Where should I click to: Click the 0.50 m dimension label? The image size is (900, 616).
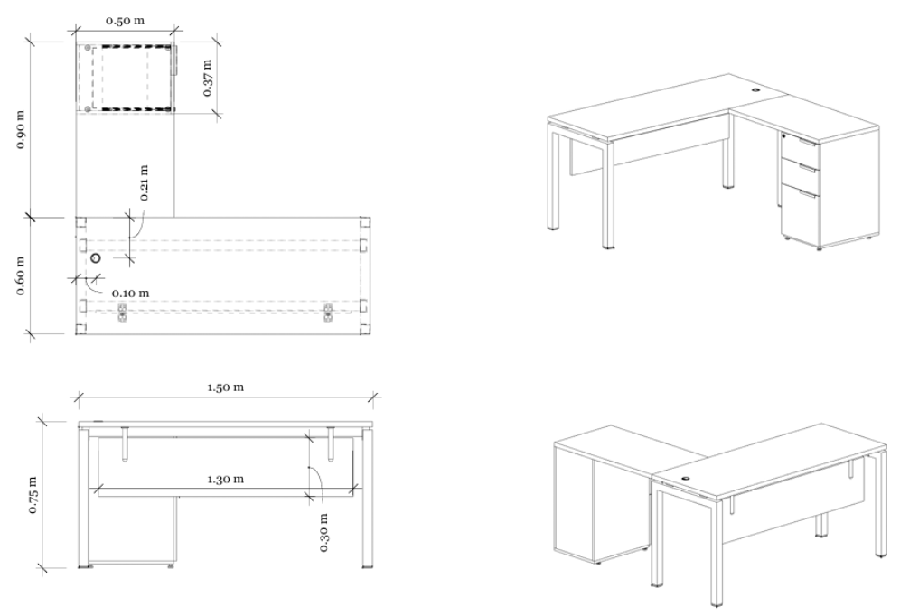coord(125,21)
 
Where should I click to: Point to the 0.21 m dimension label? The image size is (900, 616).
coord(144,183)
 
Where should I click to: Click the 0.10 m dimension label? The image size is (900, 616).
coord(130,293)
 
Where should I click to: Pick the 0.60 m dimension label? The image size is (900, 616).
coord(20,275)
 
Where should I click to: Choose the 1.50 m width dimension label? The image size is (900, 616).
coord(226,387)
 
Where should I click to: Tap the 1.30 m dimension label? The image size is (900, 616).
coord(226,479)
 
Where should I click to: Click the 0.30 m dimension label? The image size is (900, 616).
coord(323,532)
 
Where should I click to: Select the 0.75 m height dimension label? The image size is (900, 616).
coord(33,495)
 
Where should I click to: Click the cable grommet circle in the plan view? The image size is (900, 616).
coord(95,258)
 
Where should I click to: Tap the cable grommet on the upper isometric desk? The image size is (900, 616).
coord(755,90)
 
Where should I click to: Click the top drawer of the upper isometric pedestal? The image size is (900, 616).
coord(798,148)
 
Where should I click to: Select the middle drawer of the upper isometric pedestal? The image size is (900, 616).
coord(799,174)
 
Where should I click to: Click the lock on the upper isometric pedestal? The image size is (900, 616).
coord(783,136)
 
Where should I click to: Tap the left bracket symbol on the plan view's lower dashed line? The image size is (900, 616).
coord(122,313)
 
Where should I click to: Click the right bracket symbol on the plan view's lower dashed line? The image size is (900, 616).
coord(328,313)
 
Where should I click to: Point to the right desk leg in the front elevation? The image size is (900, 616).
coord(368,499)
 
